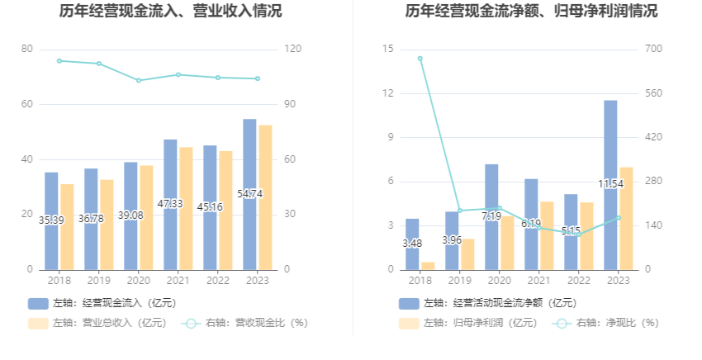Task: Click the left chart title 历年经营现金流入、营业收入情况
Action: (171, 12)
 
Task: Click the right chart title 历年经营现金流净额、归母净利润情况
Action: (532, 12)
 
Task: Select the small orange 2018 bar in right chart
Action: (428, 265)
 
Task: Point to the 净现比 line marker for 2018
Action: (420, 59)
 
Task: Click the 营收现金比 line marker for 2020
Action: (139, 80)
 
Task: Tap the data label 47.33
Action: (170, 203)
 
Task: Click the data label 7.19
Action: (491, 216)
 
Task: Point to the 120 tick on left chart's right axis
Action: (291, 50)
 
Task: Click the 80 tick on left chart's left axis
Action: (27, 50)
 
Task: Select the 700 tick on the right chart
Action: (653, 50)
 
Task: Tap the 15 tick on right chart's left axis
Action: (388, 50)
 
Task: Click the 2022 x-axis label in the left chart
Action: (218, 281)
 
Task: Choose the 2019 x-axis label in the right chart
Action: (460, 281)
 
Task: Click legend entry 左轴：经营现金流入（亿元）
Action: (102, 303)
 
